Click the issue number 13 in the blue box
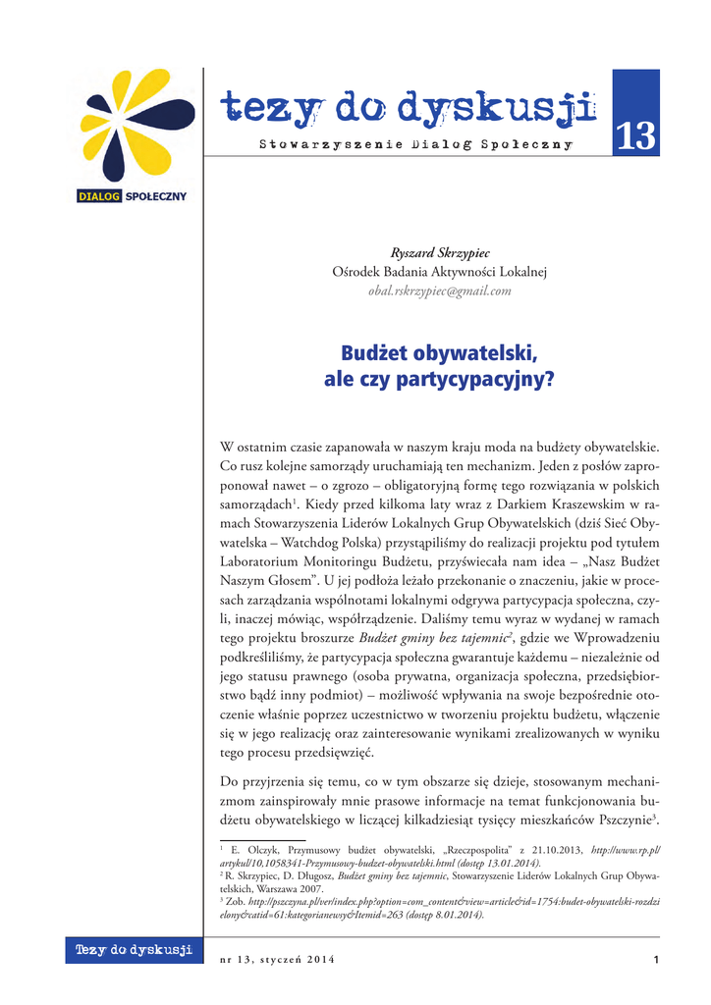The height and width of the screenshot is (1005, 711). pos(634,136)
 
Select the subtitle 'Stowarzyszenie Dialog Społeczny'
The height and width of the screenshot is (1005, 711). pos(415,145)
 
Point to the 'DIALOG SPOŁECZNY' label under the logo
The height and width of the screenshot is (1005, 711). pos(132,196)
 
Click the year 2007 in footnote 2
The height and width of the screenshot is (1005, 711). pos(334,888)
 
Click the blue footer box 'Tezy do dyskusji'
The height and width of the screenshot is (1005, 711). pos(133,950)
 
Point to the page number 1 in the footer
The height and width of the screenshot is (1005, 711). pos(654,959)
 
